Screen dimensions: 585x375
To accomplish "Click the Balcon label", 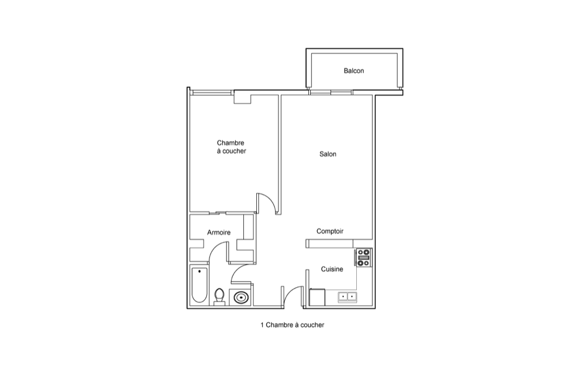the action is click(354, 70).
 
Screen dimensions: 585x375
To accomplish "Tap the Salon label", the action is click(328, 154).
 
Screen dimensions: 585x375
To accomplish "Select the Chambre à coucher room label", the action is click(231, 147).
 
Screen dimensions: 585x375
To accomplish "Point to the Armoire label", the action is click(219, 232).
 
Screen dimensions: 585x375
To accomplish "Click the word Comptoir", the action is click(330, 231).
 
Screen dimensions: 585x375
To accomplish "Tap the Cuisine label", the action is click(332, 269).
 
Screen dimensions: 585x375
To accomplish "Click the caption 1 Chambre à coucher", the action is click(292, 325).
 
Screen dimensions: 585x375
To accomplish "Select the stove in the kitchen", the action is click(363, 258).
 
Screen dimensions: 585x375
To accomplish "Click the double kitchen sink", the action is click(347, 297).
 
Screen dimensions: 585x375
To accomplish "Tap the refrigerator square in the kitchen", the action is click(317, 298).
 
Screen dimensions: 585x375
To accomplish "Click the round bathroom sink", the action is click(240, 298).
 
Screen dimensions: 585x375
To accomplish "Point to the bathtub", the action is click(199, 285).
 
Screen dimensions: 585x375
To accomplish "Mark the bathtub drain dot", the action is click(199, 271).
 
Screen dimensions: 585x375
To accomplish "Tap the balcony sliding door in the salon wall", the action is click(331, 92).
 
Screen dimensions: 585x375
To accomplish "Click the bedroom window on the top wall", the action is click(211, 92).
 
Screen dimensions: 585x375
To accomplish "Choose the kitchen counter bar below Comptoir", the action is click(329, 244).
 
